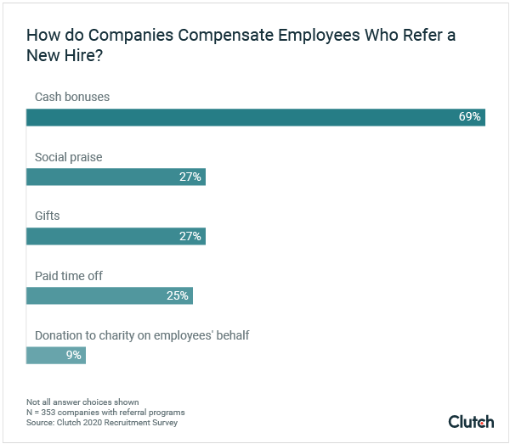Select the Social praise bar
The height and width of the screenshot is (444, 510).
click(116, 177)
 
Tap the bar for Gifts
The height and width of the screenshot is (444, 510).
click(116, 236)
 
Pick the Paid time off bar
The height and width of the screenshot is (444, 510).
click(109, 295)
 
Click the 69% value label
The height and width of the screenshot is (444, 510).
click(470, 117)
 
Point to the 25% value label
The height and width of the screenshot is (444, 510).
click(178, 295)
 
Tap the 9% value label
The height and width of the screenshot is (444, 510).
click(74, 355)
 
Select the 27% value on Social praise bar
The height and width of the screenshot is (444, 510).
click(190, 177)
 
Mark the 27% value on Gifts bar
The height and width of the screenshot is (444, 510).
click(190, 236)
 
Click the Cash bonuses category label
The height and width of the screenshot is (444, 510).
click(71, 98)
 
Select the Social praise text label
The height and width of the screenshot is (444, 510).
click(68, 157)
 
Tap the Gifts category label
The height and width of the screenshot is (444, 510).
click(47, 216)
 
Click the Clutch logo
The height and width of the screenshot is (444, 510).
click(470, 421)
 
